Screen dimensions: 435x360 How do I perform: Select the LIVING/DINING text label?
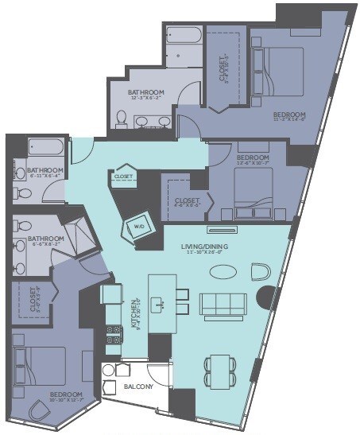204,247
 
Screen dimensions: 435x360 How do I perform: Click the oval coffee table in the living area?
223,271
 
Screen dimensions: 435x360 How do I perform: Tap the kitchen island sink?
161,301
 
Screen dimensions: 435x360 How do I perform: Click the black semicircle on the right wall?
263,301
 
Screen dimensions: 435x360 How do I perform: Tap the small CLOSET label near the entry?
122,177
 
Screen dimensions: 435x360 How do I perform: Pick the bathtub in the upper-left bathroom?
40,148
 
